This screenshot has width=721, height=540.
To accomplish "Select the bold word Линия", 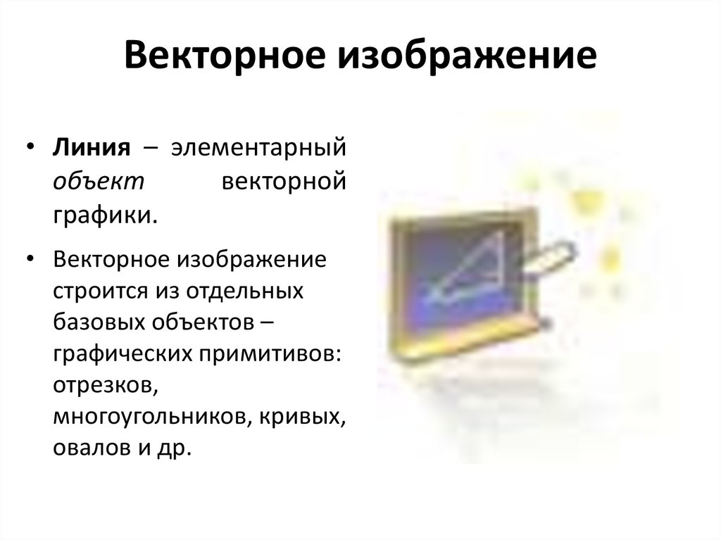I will [91, 149].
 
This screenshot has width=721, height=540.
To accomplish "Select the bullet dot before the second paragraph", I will [30, 259].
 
